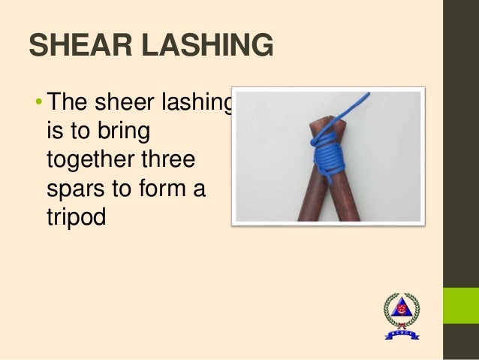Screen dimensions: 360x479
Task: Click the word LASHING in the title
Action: pos(201,47)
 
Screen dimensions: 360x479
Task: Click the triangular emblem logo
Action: pos(402,313)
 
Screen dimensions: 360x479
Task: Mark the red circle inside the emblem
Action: pos(402,308)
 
